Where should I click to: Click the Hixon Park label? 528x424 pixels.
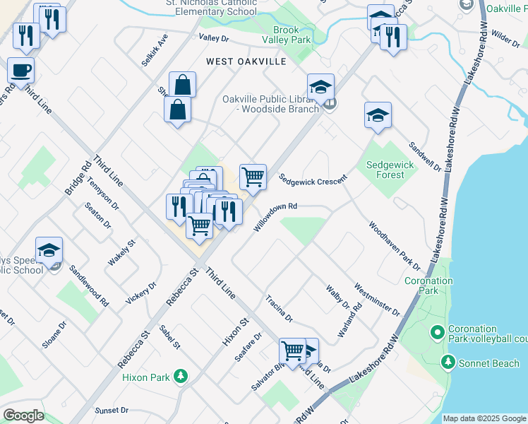pyautogui.click(x=146, y=377)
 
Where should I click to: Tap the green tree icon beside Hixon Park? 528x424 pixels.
pyautogui.click(x=181, y=377)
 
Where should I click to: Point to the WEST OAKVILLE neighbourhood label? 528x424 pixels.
pyautogui.click(x=246, y=61)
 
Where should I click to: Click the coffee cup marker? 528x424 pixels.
pyautogui.click(x=20, y=71)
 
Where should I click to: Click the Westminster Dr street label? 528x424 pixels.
pyautogui.click(x=378, y=300)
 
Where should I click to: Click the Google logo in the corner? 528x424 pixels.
pyautogui.click(x=23, y=415)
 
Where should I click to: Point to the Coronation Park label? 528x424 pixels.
pyautogui.click(x=428, y=285)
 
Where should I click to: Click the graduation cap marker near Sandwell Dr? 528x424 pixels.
pyautogui.click(x=378, y=115)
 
